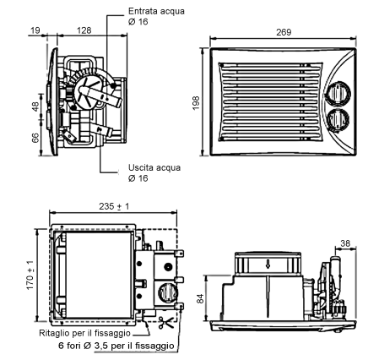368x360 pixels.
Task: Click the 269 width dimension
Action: point(284,32)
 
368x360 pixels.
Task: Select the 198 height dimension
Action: point(196,103)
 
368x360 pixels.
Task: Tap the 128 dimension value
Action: point(84,30)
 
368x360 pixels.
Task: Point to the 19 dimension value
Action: point(35,30)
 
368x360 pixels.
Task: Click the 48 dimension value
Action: point(35,106)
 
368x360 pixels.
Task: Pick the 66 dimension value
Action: point(35,138)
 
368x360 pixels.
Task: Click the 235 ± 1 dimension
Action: point(114,206)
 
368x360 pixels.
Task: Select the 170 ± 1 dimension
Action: point(30,275)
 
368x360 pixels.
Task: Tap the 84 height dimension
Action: point(200,299)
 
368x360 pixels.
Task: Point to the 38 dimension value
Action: point(345,243)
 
